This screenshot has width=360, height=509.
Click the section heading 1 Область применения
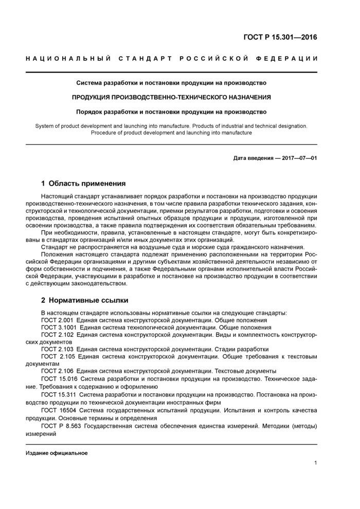83,184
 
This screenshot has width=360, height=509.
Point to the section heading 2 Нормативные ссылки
84,300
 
